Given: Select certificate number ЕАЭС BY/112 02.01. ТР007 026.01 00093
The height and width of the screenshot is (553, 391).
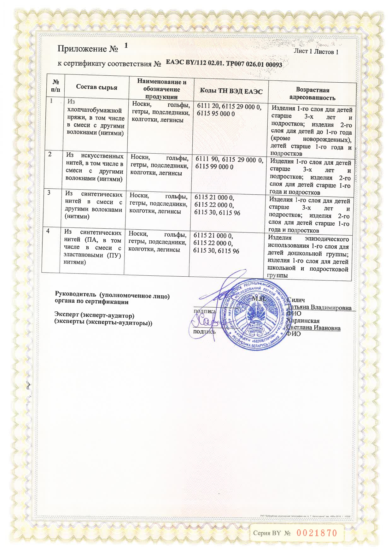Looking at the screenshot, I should coord(224,63).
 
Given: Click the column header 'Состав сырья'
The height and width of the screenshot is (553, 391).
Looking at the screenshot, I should coord(96,87).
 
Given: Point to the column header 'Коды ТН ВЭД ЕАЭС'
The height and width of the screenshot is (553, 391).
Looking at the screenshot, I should coord(231,91).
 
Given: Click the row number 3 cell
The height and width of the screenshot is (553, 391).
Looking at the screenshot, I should coord(49,192).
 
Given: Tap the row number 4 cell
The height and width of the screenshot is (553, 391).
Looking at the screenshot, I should coord(48,231).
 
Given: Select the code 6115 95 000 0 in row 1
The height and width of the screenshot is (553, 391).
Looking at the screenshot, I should coord(216,114).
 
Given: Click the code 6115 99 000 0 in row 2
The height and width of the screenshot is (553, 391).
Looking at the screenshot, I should coord(214,167).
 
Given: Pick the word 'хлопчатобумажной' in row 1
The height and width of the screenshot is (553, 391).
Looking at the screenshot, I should coord(95,110).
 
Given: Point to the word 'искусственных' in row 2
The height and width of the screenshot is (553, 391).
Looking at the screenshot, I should coord(102,156).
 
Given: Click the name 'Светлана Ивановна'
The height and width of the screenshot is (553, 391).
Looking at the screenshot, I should coord(314,327).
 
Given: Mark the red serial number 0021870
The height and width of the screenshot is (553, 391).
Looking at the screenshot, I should coord(317,533).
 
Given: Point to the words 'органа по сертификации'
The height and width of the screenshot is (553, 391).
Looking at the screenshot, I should coord(92,302).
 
